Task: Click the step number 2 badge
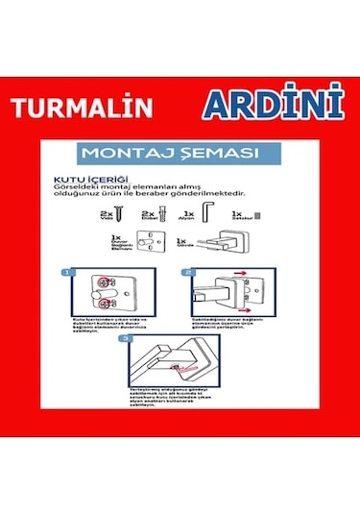coord(189,273)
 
